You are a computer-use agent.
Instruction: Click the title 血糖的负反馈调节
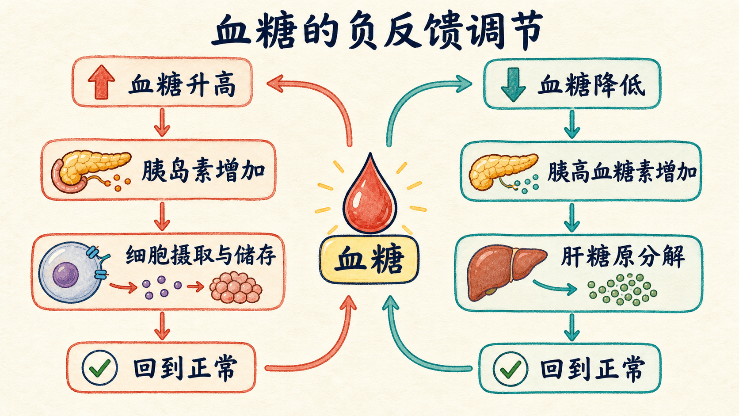pos(377,31)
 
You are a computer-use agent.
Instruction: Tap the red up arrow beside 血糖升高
pos(101,82)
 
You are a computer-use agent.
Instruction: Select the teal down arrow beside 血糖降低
pos(513,84)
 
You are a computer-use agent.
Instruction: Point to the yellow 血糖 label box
pos(369,260)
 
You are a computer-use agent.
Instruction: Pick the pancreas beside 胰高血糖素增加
pos(503,172)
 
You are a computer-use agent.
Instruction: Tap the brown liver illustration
pos(504,271)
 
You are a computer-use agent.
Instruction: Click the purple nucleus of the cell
pos(66,275)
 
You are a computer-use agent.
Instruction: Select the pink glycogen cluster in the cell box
pos(236,287)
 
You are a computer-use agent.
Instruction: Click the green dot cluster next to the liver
pos(622,289)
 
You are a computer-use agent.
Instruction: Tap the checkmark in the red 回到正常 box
pos(99,367)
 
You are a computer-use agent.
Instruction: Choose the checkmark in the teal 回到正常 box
pos(510,369)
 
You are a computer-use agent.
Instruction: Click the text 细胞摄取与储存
pos(201,256)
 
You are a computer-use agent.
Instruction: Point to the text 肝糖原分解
pos(623,256)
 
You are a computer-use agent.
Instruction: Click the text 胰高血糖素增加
pos(622,172)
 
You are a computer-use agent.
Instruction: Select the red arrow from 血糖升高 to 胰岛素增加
pos(162,122)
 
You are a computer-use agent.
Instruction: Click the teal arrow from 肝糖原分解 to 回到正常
pos(572,327)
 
